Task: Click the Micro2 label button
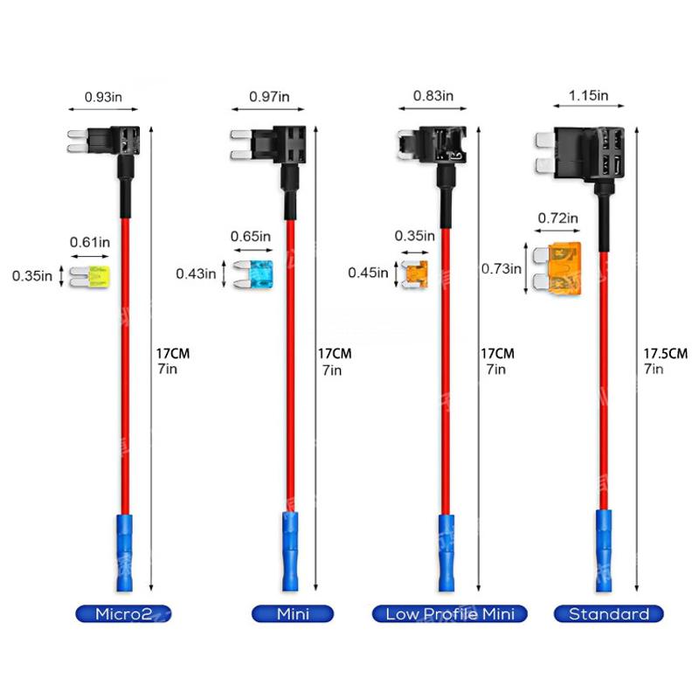tap(122, 613)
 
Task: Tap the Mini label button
tap(293, 613)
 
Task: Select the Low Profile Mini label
tap(450, 613)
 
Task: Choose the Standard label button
tap(609, 613)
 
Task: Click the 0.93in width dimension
tap(103, 95)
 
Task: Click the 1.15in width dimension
tap(588, 95)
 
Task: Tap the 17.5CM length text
tap(666, 354)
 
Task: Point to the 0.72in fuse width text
tap(557, 218)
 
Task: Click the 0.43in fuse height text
tap(196, 273)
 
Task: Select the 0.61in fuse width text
tap(89, 240)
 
